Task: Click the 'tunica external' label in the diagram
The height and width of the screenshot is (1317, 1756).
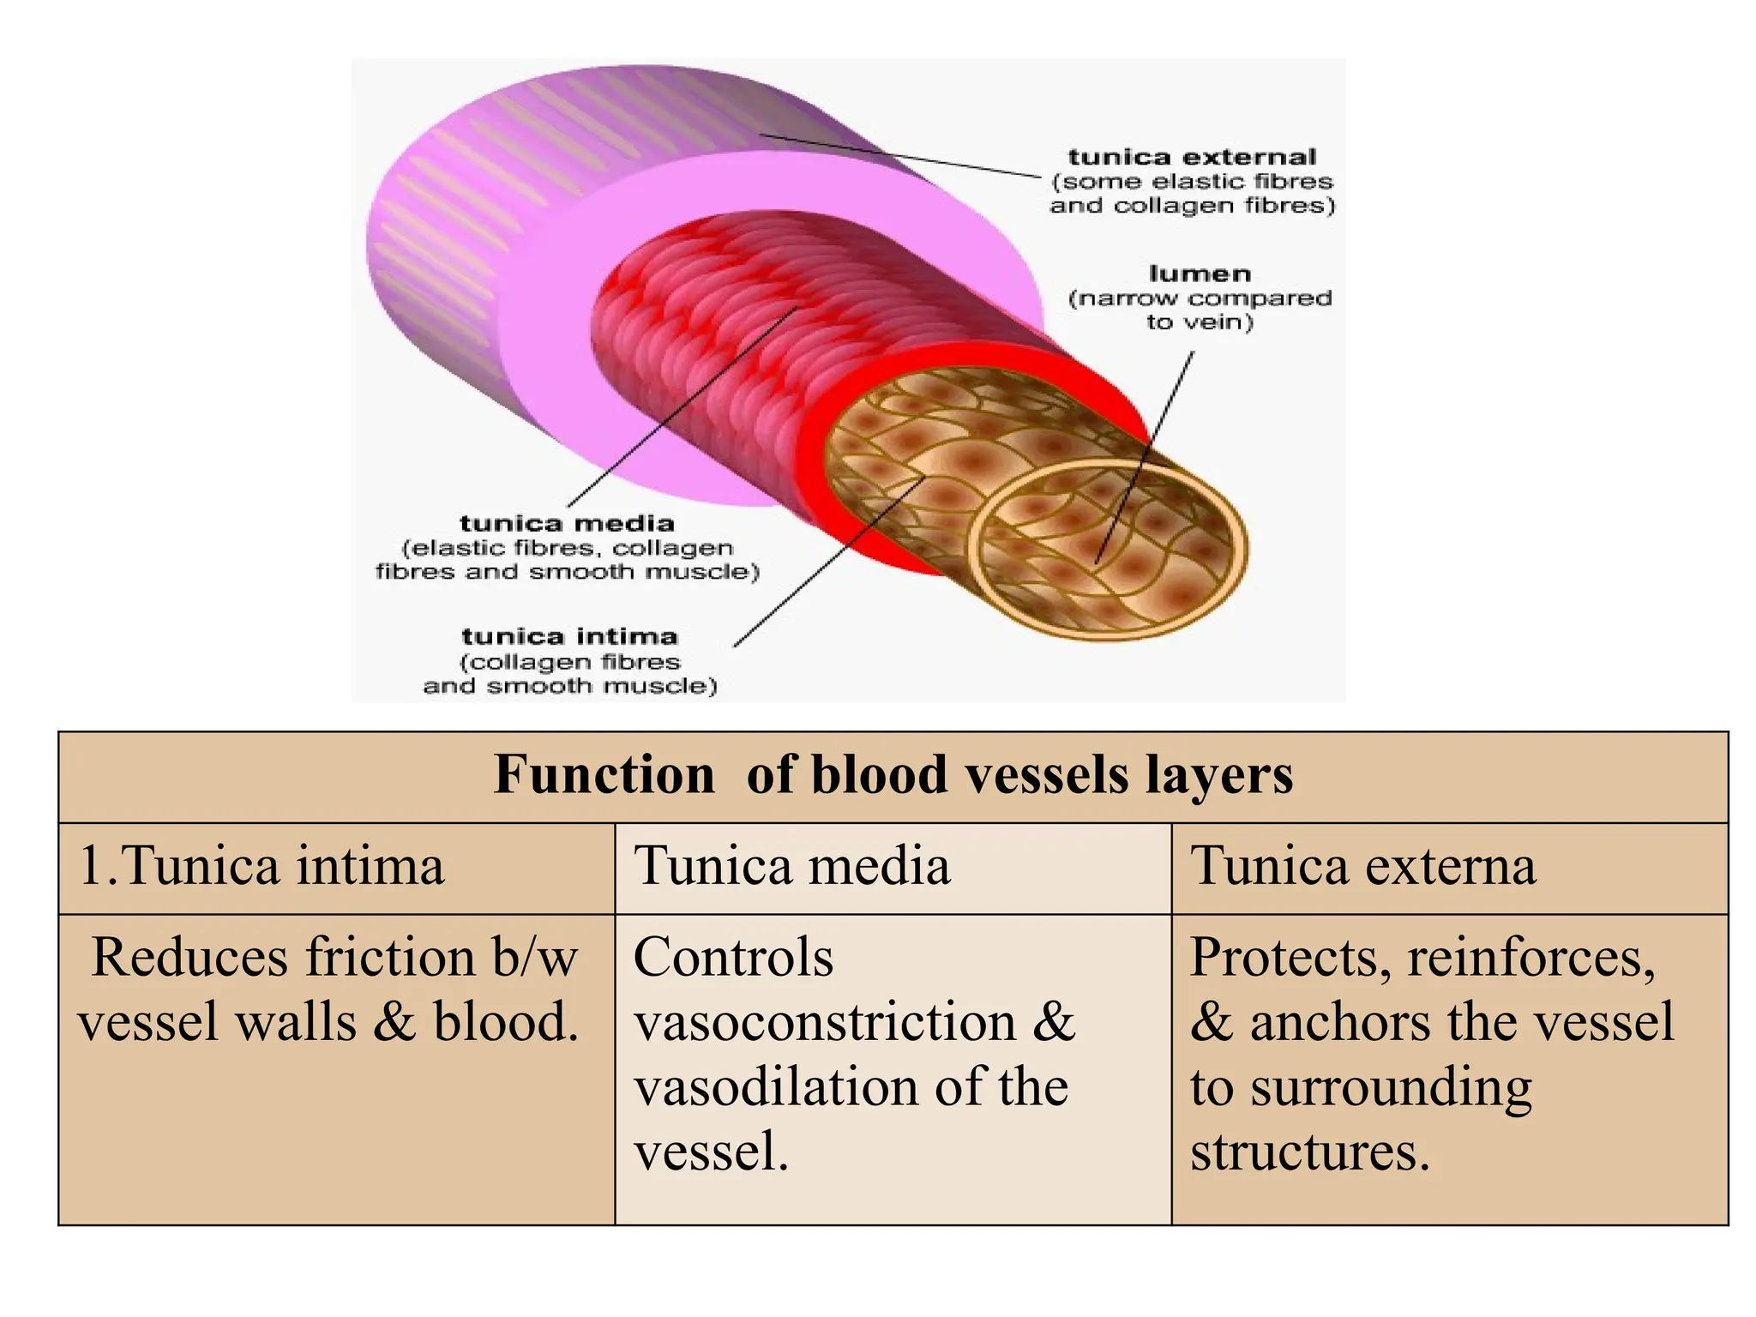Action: [1192, 158]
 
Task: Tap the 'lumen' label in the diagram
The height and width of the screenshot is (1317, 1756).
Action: [1200, 274]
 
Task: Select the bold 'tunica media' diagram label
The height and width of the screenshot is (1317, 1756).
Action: [567, 524]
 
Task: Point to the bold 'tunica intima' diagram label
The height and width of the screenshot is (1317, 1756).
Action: [569, 637]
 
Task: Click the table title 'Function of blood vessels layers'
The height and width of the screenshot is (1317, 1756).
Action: [893, 775]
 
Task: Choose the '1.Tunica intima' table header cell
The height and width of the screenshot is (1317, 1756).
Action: [262, 866]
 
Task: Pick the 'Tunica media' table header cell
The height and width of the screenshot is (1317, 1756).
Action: [791, 866]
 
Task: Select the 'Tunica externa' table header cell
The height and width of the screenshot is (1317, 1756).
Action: [1363, 866]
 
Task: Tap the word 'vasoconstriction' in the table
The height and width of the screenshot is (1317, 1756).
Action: [825, 1022]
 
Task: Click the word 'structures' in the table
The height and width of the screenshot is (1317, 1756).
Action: [1308, 1152]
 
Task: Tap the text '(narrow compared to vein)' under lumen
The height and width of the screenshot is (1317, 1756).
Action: [1200, 310]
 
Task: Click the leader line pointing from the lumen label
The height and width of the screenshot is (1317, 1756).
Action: [1146, 454]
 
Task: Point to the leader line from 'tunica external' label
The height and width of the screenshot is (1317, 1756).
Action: [900, 155]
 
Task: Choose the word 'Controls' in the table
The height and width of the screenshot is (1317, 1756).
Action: [733, 957]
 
